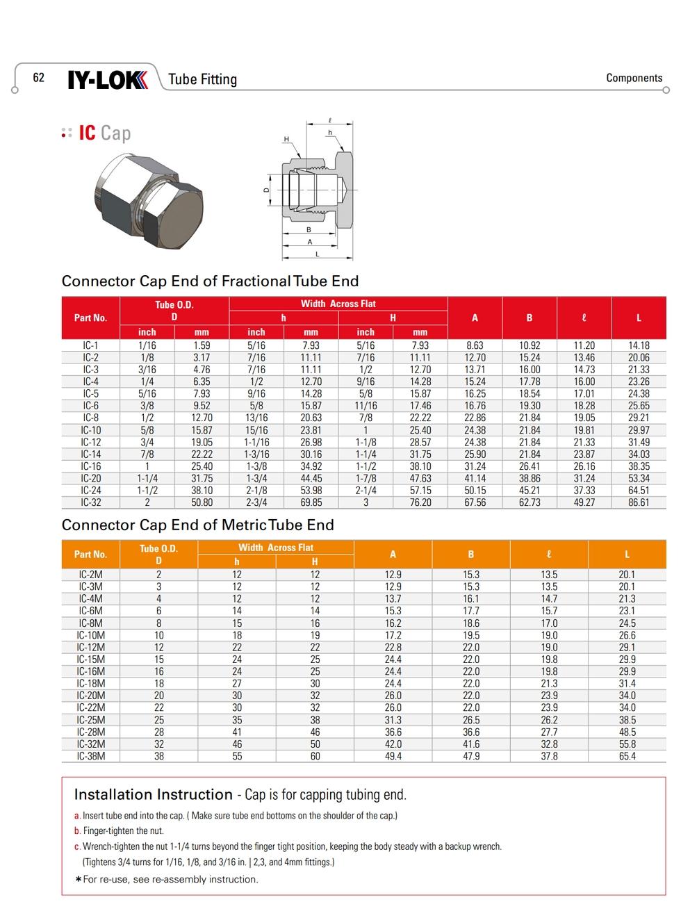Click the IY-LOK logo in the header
(108, 80)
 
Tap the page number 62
(39, 77)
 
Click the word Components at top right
(634, 78)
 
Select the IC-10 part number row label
(91, 430)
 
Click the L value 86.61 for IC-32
(639, 502)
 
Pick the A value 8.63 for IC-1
(475, 345)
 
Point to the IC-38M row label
(91, 756)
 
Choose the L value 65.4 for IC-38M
(627, 756)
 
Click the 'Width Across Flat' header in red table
(338, 304)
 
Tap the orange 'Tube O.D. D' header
(158, 555)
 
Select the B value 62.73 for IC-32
(529, 502)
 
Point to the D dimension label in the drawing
(265, 190)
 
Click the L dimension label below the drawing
(318, 254)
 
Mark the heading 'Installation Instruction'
(153, 794)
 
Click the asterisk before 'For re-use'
(78, 880)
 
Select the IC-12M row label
(91, 647)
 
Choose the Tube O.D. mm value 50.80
(202, 502)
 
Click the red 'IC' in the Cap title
(87, 133)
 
